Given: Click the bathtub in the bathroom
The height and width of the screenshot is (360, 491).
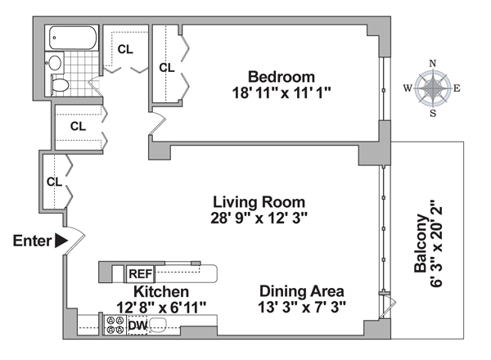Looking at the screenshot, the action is (x=73, y=38).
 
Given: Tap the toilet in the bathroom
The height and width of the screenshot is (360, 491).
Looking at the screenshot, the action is (x=60, y=85).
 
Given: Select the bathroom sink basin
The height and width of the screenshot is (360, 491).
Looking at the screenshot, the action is (x=56, y=63).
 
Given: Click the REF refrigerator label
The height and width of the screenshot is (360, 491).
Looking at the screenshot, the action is (x=141, y=274).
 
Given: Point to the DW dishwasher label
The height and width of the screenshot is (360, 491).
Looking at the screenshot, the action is (x=137, y=326).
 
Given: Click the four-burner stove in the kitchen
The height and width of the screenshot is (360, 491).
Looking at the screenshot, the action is (x=115, y=325).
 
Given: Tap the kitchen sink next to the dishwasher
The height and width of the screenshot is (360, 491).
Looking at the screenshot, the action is (x=160, y=325).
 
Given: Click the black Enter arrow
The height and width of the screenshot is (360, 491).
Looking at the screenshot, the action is (x=61, y=241).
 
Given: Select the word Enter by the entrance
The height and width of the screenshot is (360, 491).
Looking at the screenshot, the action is (x=32, y=241).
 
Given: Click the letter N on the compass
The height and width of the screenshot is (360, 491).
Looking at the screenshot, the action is (x=432, y=64).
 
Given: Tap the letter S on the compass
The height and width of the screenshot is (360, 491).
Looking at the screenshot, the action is (x=433, y=113).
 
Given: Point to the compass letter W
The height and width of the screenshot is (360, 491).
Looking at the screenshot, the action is (x=408, y=88).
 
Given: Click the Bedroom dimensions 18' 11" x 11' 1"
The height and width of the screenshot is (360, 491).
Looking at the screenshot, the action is (x=282, y=93).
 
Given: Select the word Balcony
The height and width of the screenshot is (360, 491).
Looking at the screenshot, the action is (x=421, y=243).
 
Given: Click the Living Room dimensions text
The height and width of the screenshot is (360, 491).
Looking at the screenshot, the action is (x=259, y=218).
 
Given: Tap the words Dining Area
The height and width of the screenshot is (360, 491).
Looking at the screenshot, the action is (x=301, y=291).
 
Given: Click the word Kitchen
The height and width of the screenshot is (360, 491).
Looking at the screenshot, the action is (x=161, y=292).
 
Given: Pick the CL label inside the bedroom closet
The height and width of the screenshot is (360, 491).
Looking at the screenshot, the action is (x=167, y=67).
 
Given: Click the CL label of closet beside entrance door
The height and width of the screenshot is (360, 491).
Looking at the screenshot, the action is (x=55, y=182).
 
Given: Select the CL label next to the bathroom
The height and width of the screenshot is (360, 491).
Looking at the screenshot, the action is (x=125, y=49).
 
